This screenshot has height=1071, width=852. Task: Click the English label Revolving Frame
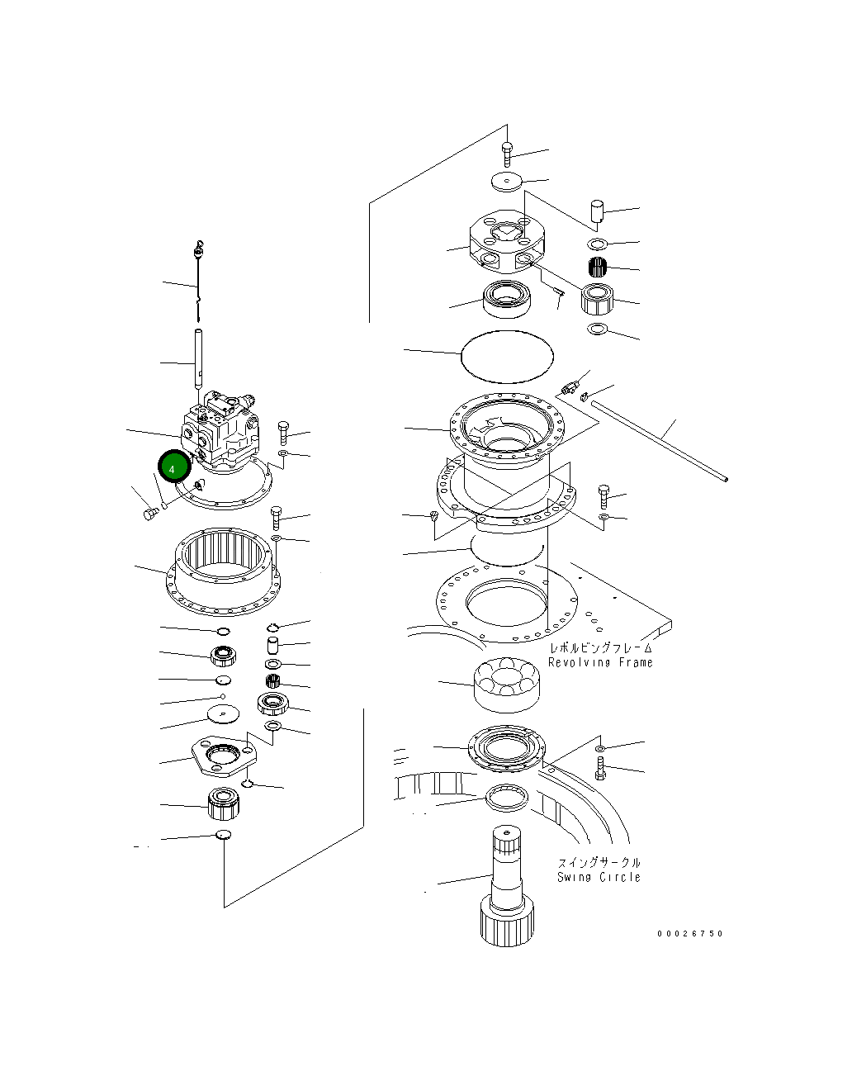(x=600, y=662)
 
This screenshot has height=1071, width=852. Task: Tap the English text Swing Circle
(x=599, y=877)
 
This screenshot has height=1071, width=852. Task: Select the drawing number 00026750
(x=689, y=933)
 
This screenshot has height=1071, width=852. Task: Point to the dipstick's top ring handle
(x=197, y=245)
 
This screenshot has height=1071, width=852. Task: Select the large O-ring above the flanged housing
(x=506, y=356)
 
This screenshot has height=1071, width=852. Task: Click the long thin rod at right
(x=660, y=438)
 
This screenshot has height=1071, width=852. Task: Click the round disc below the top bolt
(x=505, y=182)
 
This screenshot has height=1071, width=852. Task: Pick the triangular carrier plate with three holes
(x=222, y=757)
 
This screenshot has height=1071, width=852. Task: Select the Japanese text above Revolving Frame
(x=600, y=648)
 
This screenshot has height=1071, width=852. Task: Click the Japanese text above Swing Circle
(x=599, y=862)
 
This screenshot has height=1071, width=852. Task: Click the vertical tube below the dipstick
(x=199, y=357)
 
